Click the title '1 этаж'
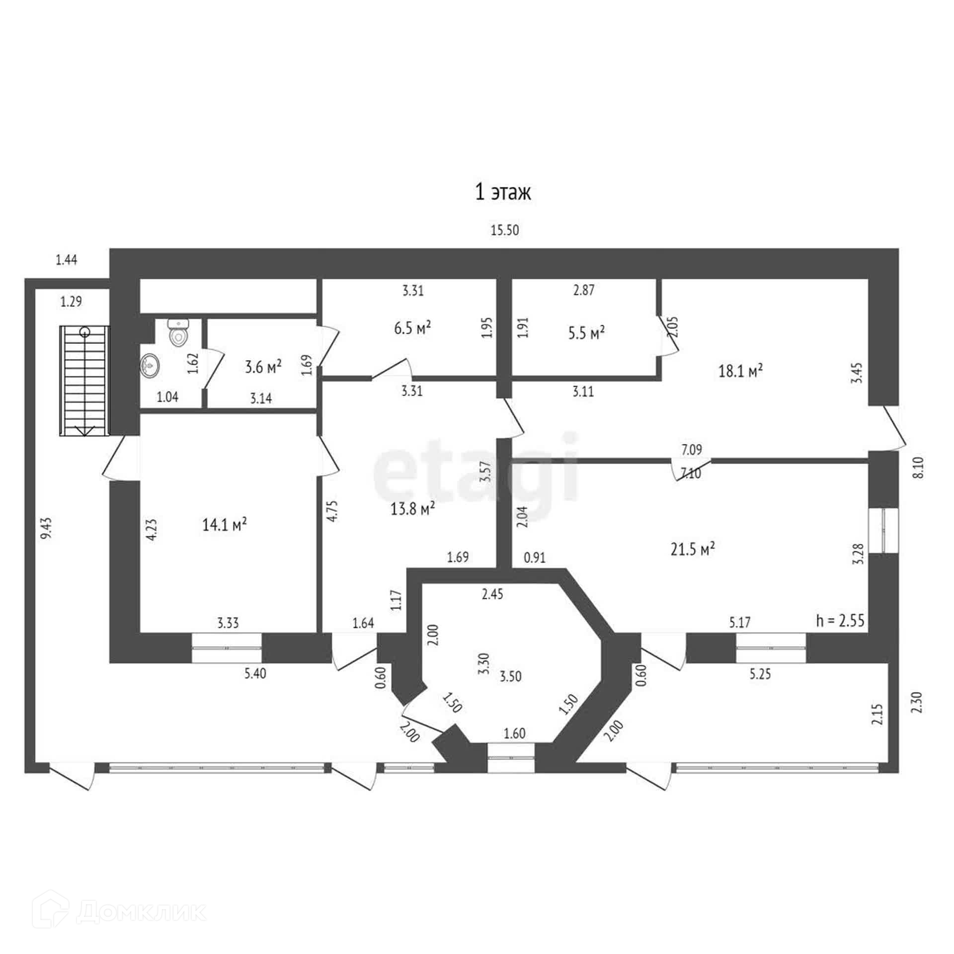pos(503,192)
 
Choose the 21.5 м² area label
pos(693,549)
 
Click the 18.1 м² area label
pos(741,370)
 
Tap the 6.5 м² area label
pos(412,328)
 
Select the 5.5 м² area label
pos(586,332)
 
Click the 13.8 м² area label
pos(413,509)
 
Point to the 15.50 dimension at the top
pos(505,230)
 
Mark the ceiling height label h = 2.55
pos(840,620)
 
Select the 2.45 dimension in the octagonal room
pos(492,594)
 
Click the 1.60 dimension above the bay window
pos(514,733)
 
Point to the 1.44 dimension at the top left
pos(66,260)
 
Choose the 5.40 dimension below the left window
pos(255,674)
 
